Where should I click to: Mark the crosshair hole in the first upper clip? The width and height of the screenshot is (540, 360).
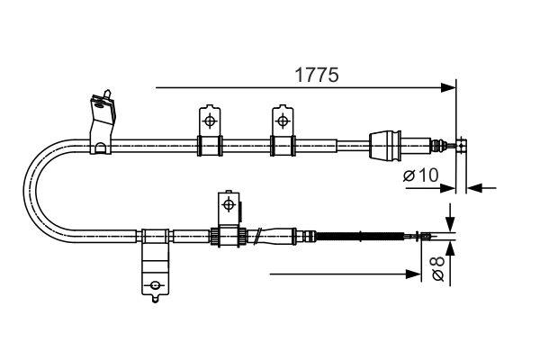click(210, 121)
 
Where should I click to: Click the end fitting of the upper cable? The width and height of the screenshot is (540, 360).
click(462, 144)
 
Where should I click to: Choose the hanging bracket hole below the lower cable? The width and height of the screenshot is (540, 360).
click(156, 286)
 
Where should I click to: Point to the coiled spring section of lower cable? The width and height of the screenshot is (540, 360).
click(360, 237)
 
